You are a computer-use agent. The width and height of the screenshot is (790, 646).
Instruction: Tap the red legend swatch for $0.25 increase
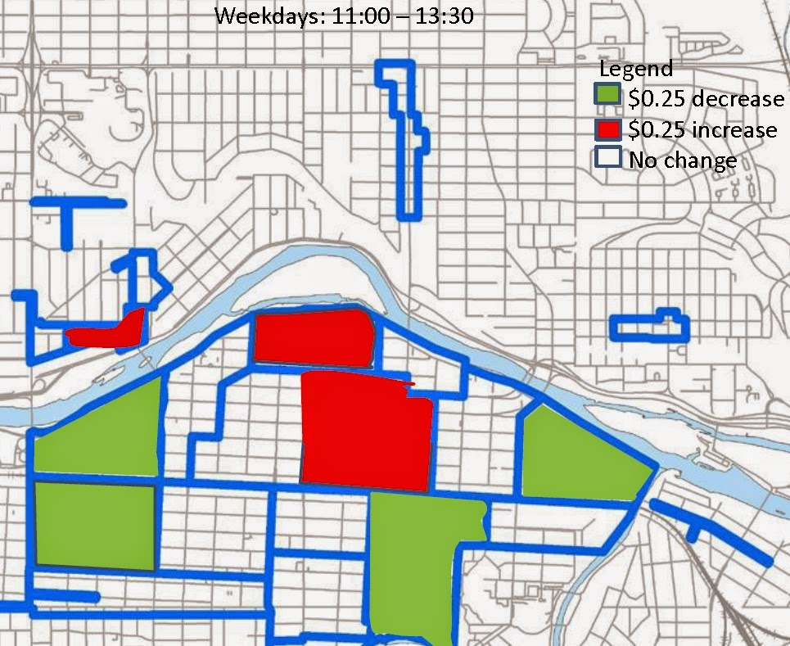pyautogui.click(x=607, y=129)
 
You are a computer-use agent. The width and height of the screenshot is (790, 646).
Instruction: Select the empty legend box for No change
pyautogui.click(x=607, y=158)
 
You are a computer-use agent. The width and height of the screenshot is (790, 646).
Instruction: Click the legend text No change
pyautogui.click(x=682, y=160)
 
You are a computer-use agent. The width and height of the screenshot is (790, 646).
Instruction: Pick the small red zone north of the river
pyautogui.click(x=106, y=332)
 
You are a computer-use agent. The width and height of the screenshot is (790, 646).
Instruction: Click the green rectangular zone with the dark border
pyautogui.click(x=95, y=526)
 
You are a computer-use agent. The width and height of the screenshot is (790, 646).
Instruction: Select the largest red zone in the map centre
pyautogui.click(x=365, y=431)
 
